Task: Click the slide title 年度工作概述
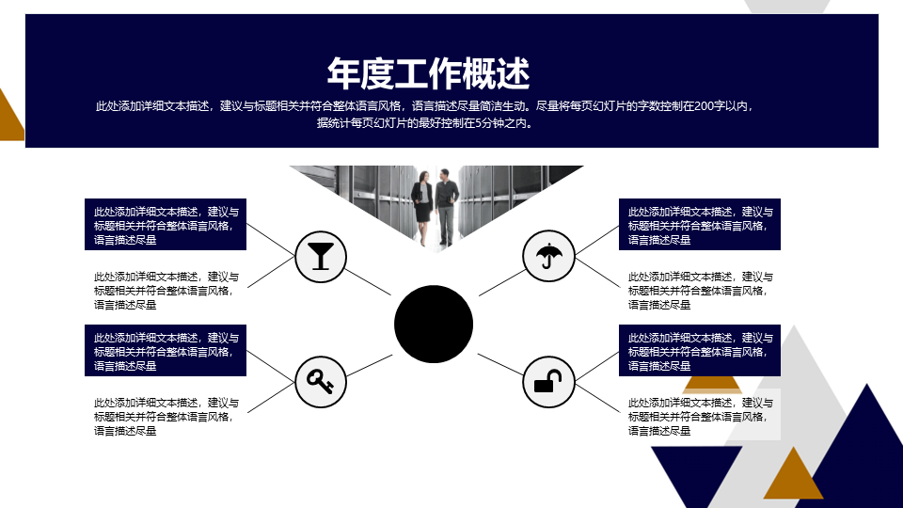pyautogui.click(x=428, y=73)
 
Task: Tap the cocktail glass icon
pyautogui.click(x=321, y=257)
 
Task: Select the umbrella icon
pyautogui.click(x=548, y=256)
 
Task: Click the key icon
pyautogui.click(x=321, y=382)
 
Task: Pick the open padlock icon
pyautogui.click(x=548, y=382)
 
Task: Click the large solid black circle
pyautogui.click(x=434, y=325)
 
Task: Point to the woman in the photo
pyautogui.click(x=422, y=206)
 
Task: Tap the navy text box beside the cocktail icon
pyautogui.click(x=166, y=225)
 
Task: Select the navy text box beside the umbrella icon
pyautogui.click(x=700, y=225)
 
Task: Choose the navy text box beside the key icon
pyautogui.click(x=166, y=350)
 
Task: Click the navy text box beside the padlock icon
pyautogui.click(x=700, y=350)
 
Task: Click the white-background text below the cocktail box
pyautogui.click(x=166, y=291)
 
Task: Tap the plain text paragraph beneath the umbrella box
pyautogui.click(x=700, y=291)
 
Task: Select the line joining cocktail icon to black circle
pyautogui.click(x=368, y=282)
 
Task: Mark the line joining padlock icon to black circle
pyautogui.click(x=501, y=365)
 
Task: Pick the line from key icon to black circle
pyautogui.click(x=369, y=366)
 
